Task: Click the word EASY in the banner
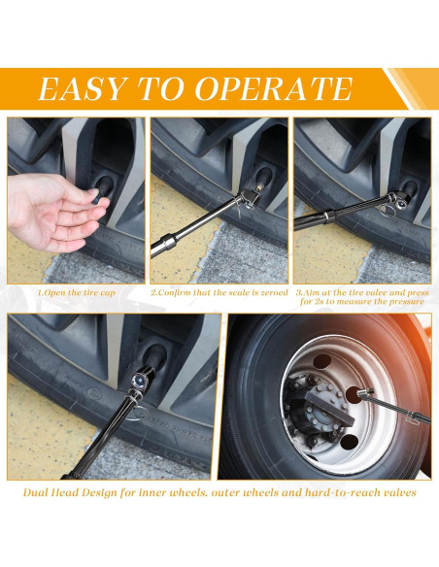click(x=81, y=88)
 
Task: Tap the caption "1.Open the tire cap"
click(x=77, y=292)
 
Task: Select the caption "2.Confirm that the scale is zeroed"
click(x=219, y=292)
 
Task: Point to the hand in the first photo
click(x=51, y=212)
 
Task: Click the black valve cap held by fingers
click(x=103, y=189)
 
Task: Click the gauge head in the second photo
click(x=250, y=198)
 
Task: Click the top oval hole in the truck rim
click(x=322, y=361)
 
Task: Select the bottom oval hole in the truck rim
click(x=349, y=442)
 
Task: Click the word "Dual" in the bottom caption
click(x=35, y=492)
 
